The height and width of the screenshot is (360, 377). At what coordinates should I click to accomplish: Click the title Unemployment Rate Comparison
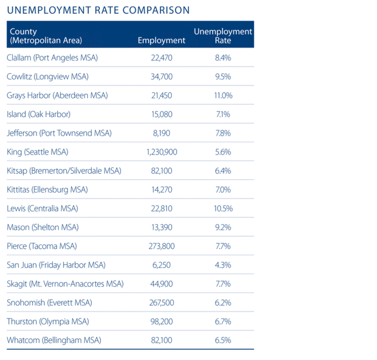pos(98,10)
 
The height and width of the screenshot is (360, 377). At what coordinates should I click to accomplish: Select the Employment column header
pos(161,41)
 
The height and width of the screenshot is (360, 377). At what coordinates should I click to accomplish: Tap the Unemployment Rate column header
pos(223,36)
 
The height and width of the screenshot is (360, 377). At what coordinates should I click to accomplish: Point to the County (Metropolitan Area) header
pos(45,36)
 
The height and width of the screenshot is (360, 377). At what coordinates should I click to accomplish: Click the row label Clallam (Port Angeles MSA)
pos(52,58)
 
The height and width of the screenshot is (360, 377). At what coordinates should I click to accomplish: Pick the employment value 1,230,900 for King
pos(161,152)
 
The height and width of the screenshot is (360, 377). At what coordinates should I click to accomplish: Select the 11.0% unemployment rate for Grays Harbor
pos(223,95)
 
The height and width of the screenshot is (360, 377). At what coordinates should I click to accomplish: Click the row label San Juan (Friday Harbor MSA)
pos(56,265)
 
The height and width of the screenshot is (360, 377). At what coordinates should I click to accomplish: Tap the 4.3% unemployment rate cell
pos(223,265)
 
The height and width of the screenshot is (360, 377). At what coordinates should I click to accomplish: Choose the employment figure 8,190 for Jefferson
pos(161,133)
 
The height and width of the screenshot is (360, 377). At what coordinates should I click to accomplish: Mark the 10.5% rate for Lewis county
pos(223,209)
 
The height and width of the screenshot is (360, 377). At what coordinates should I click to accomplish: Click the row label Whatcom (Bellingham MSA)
pos(54,341)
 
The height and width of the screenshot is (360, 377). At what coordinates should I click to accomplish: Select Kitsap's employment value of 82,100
pos(161,171)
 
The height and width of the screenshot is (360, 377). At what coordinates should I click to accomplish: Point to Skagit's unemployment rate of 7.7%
pos(223,284)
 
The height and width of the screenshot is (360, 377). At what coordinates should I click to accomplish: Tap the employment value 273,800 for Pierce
pos(161,246)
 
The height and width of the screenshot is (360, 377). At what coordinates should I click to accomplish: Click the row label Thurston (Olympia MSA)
pos(48,322)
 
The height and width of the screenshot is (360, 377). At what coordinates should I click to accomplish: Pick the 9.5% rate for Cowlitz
pos(223,76)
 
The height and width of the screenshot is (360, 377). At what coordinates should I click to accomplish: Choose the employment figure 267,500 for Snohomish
pos(161,303)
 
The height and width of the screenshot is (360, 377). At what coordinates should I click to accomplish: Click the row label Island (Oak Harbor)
pos(39,114)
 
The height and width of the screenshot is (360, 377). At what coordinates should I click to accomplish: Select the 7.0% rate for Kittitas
pos(223,190)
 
